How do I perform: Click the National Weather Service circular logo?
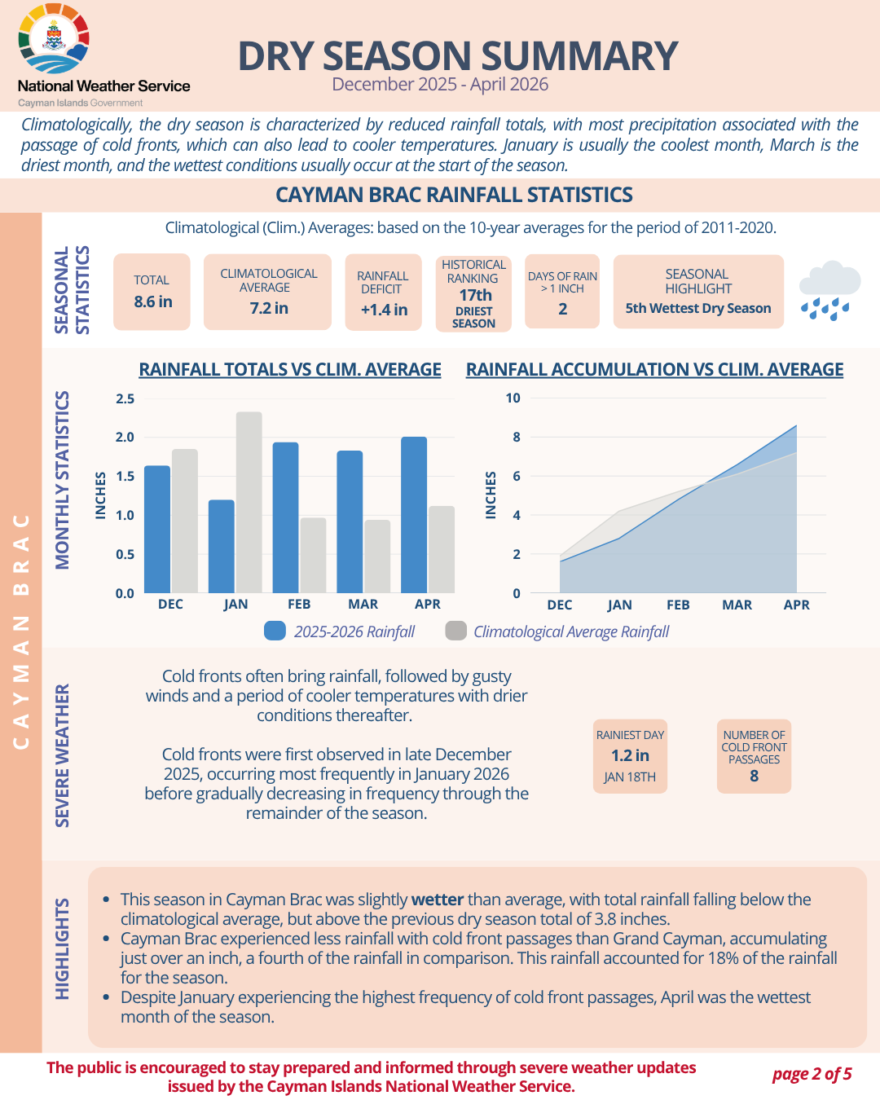[x=54, y=38]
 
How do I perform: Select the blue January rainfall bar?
[x=222, y=547]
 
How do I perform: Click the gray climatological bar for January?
[x=249, y=503]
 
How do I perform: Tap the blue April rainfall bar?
[x=414, y=515]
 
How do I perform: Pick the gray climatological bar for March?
[x=377, y=557]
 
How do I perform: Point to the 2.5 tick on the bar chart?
[x=125, y=398]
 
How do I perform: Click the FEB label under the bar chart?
[x=299, y=604]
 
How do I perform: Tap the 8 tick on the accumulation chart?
[x=517, y=437]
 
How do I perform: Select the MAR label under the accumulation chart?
[x=737, y=605]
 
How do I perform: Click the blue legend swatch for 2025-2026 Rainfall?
[x=275, y=631]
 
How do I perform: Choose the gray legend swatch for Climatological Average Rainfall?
[x=455, y=631]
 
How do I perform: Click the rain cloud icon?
[x=829, y=290]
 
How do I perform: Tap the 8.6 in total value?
[x=153, y=301]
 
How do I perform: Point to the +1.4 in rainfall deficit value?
[x=384, y=310]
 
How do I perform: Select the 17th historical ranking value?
[x=475, y=295]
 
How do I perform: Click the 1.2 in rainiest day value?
[x=630, y=755]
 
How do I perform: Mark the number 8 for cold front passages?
[x=754, y=776]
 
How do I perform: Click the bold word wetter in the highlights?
[x=438, y=899]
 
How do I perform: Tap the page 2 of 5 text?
[x=812, y=1073]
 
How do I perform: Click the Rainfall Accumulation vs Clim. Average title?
[x=654, y=369]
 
